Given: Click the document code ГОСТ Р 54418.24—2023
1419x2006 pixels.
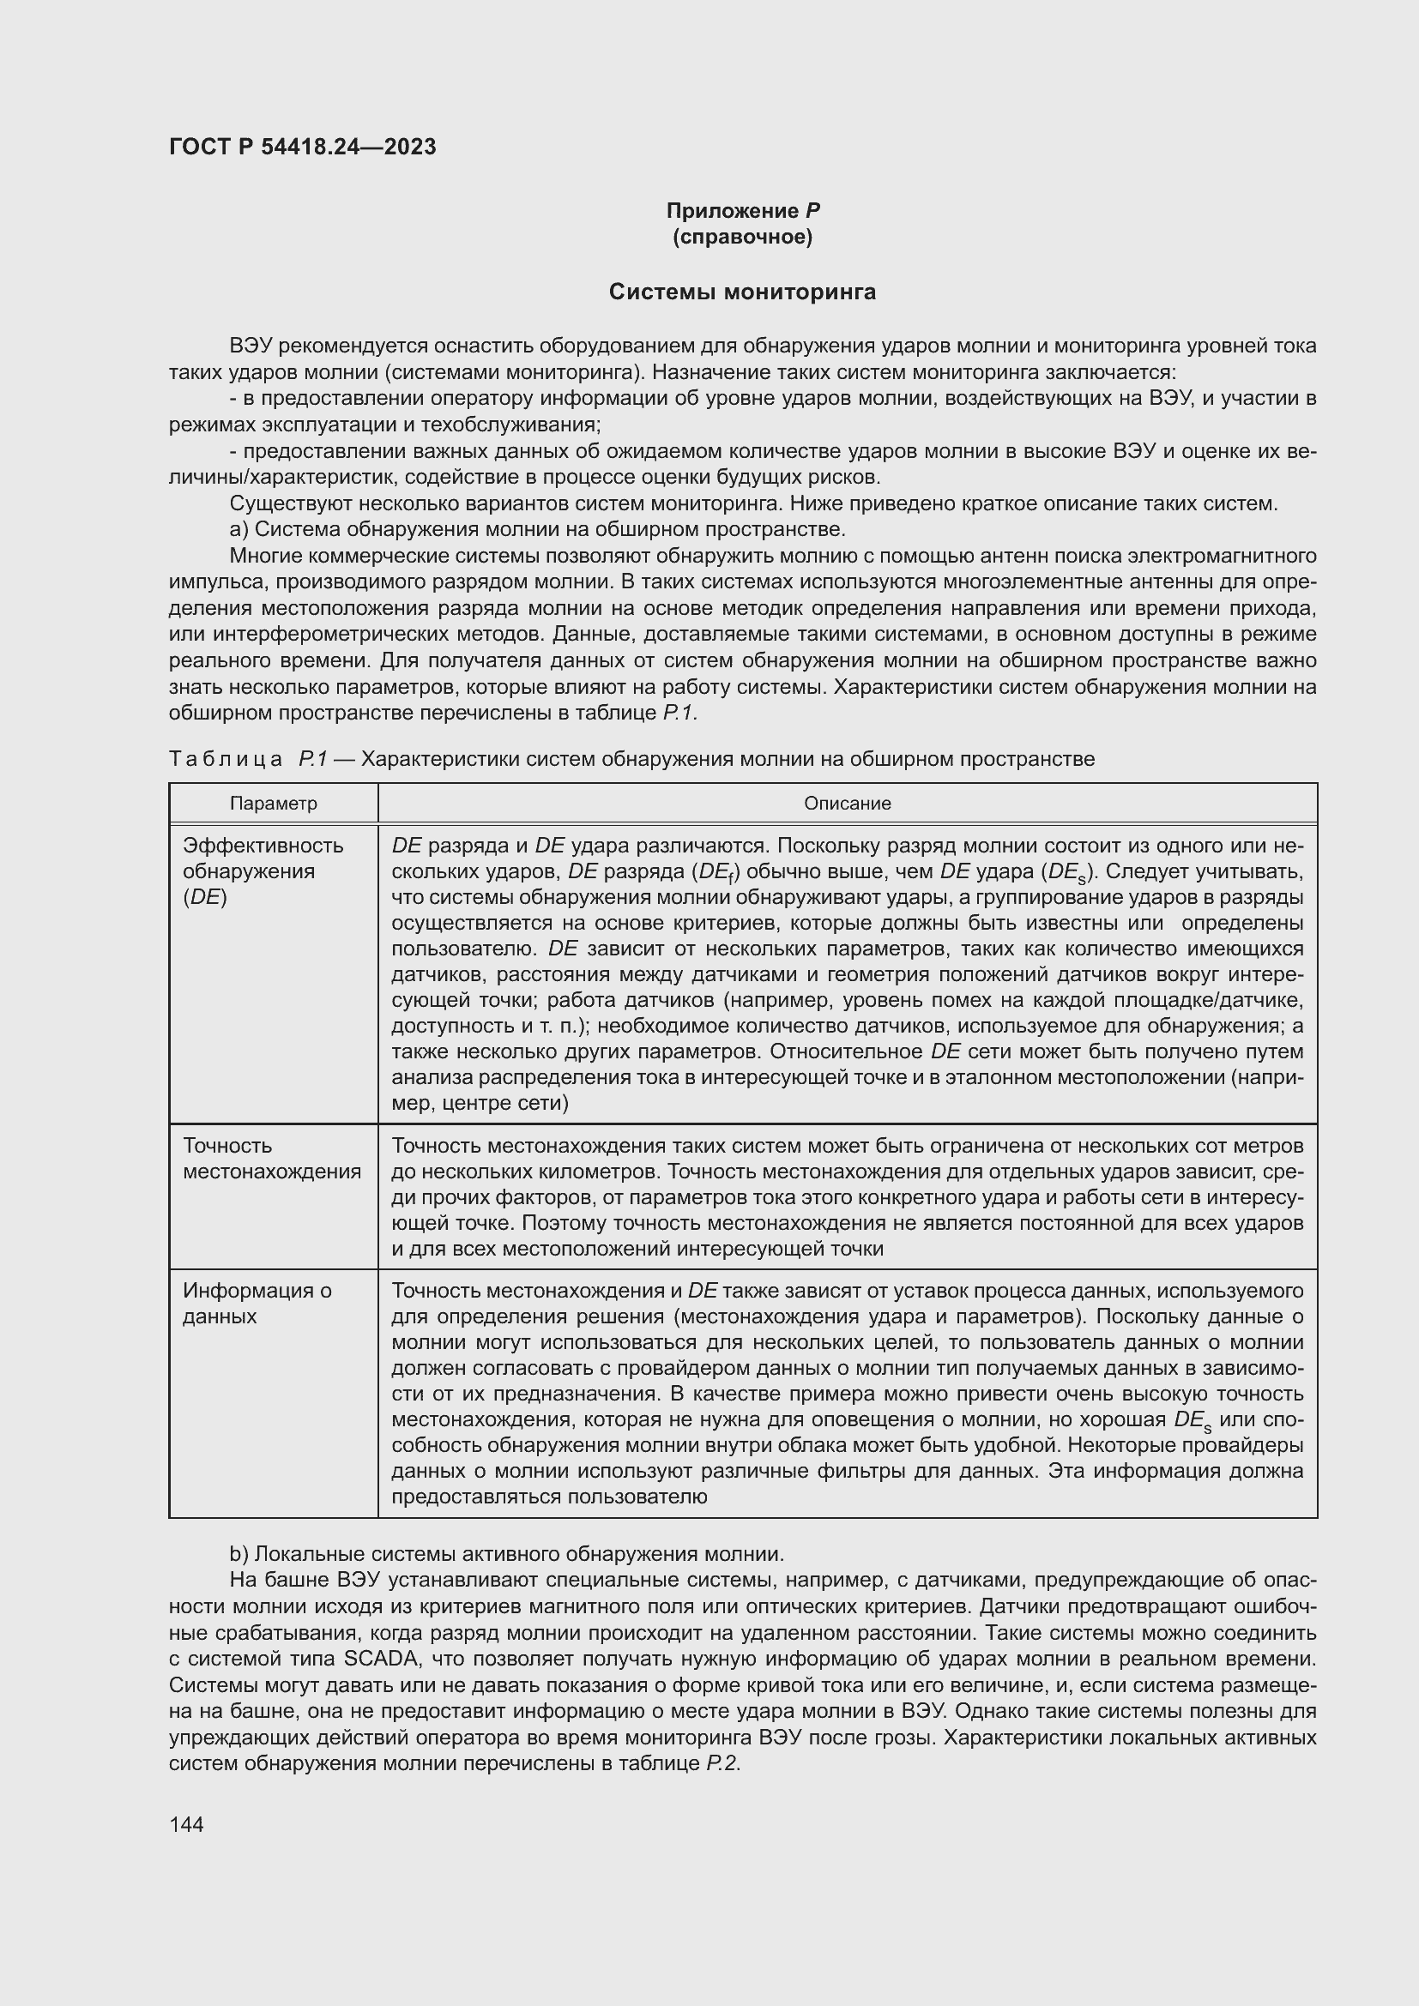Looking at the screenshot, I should (302, 147).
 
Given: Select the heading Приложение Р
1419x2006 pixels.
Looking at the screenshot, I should (743, 211).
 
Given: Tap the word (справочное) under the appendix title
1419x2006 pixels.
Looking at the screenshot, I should (743, 237).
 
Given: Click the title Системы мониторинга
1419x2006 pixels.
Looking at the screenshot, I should (742, 292).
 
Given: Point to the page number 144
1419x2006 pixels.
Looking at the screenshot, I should (186, 1824).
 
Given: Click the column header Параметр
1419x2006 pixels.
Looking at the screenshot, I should (274, 803).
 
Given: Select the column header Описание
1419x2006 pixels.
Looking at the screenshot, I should (847, 803).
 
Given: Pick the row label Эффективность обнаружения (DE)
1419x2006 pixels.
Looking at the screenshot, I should (263, 871).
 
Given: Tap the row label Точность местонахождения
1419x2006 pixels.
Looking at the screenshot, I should (272, 1159).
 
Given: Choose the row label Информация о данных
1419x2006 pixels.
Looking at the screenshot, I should (257, 1303).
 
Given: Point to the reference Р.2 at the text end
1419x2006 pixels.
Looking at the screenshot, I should (722, 1764).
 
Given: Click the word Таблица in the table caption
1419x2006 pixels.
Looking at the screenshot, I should (226, 759).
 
